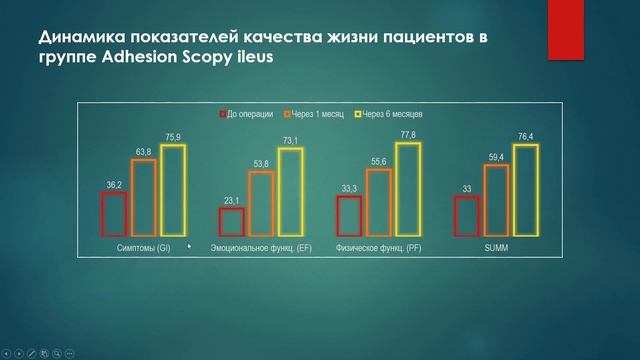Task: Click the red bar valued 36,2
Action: [x=114, y=214]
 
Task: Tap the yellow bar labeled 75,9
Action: [x=173, y=190]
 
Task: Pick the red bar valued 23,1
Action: [x=231, y=221]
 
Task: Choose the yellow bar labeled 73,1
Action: [x=290, y=191]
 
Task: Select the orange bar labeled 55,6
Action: [x=378, y=202]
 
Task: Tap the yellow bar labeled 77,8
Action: [x=408, y=189]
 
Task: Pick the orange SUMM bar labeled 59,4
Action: [x=495, y=200]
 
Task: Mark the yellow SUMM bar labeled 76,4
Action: [x=525, y=190]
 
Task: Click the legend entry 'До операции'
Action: [x=251, y=115]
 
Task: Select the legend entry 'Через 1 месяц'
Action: [x=319, y=115]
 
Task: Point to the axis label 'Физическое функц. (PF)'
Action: [x=378, y=247]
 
